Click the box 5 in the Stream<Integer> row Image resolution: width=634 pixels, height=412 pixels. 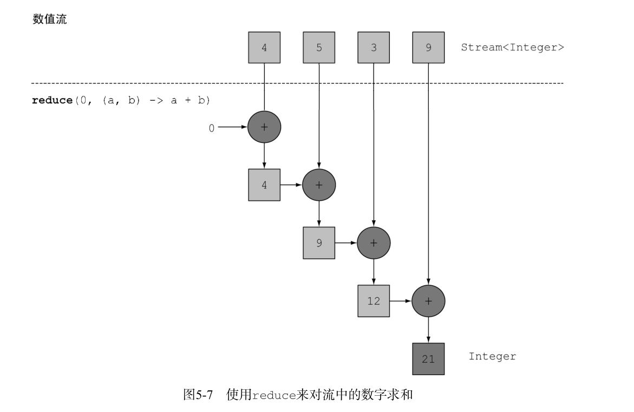pos(319,47)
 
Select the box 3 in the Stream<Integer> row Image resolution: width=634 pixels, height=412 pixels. pos(374,47)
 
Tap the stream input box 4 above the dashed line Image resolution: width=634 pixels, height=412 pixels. pos(264,47)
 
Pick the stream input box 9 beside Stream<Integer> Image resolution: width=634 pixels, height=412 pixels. pos(428,47)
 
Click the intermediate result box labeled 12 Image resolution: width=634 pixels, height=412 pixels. pos(374,301)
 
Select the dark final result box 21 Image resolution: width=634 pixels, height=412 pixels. pos(428,358)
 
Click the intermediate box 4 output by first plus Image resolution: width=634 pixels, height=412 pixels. pos(264,185)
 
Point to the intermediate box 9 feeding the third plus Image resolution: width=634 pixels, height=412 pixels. pos(319,243)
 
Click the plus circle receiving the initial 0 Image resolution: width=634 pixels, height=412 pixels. pos(264,127)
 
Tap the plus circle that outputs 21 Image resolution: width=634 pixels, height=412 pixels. pos(428,301)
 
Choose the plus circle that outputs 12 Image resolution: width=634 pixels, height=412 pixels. pos(374,243)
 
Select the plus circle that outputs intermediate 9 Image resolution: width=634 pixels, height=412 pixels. pos(319,185)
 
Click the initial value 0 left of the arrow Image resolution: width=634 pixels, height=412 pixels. pos(212,128)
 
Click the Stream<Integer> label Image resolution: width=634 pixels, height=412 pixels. pos(512,47)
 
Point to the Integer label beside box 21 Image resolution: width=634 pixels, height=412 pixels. pos(492,356)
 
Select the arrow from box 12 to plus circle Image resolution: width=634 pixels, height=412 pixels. pos(401,301)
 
